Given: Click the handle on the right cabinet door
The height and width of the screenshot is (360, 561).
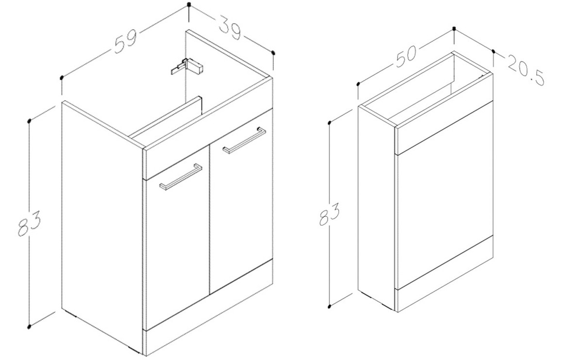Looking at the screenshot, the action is (x=244, y=140).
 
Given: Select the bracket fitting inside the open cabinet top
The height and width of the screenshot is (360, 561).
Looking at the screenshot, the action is (x=187, y=66).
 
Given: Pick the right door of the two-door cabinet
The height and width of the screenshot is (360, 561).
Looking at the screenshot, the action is (x=241, y=200).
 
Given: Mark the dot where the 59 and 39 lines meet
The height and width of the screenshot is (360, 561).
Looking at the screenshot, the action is (x=189, y=5).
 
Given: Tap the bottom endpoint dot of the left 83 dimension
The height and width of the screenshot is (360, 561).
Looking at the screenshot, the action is (x=29, y=326).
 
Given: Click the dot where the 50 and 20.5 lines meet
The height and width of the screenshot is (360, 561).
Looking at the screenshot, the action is (x=454, y=28).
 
